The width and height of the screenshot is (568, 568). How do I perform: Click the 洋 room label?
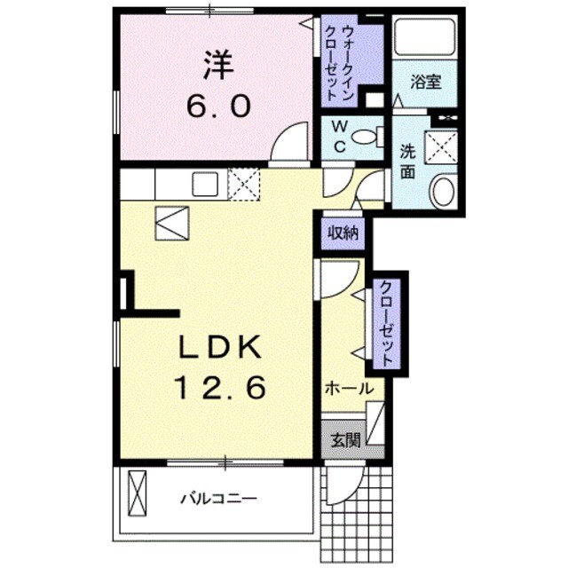click(217, 63)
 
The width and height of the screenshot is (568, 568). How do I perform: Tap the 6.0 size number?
click(217, 106)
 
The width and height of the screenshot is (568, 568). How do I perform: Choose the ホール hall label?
click(347, 388)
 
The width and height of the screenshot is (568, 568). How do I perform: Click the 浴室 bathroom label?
click(426, 83)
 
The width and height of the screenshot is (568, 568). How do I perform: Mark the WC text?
click(340, 138)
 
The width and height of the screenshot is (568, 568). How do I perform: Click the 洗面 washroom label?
click(407, 161)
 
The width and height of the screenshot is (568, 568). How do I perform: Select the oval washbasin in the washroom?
click(441, 191)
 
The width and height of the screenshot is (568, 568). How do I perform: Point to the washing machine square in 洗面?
click(440, 145)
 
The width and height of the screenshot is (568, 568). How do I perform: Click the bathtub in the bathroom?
click(424, 38)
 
